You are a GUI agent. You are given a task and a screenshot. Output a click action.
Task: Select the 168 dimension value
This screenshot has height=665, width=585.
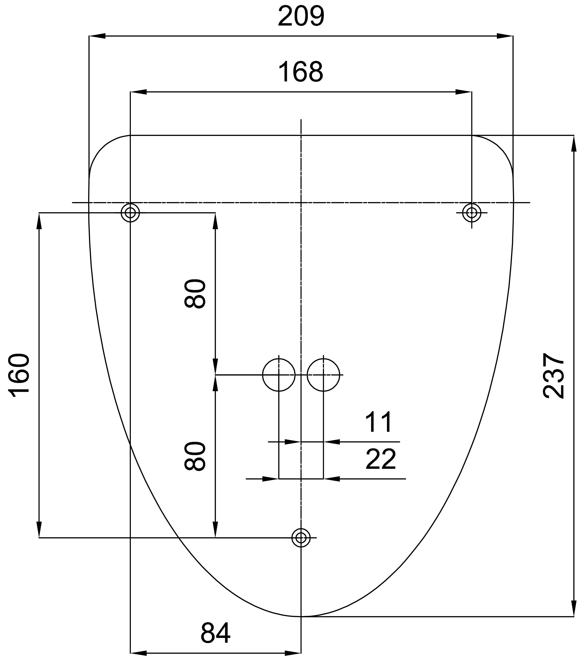coord(301,72)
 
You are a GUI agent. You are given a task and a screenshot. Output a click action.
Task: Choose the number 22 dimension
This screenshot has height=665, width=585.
coord(381,460)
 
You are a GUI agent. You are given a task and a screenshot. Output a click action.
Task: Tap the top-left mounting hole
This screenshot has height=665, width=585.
coord(130,213)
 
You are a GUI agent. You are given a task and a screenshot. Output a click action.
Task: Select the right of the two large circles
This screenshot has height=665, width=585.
coord(323,375)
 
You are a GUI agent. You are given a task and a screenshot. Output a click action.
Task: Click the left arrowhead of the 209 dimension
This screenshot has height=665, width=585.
coord(97,36)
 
